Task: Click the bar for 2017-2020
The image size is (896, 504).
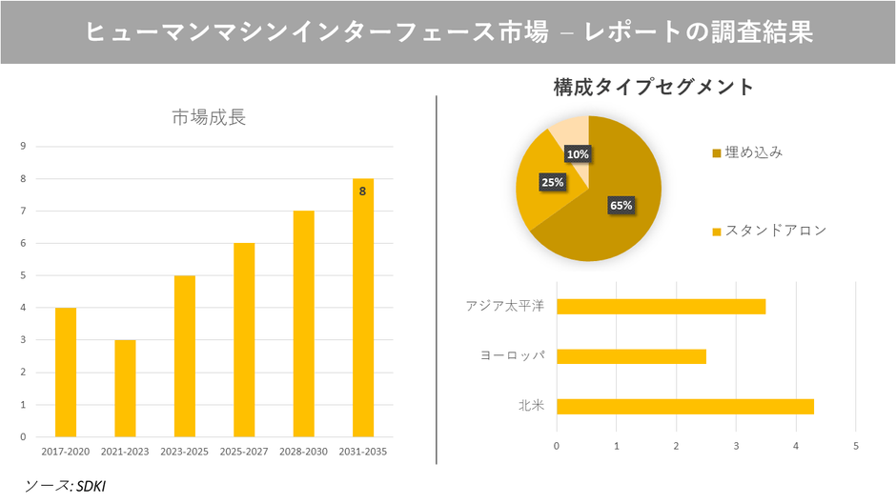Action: point(66,372)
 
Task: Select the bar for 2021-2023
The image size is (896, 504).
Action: point(125,388)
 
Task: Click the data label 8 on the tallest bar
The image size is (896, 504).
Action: point(363,191)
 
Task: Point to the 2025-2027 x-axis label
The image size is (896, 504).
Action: point(244,451)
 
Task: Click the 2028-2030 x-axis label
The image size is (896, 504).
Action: point(303,451)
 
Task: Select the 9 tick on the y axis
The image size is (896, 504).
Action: point(23,146)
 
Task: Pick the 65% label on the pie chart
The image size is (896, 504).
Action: point(621,205)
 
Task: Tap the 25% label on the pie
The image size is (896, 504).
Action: point(552,181)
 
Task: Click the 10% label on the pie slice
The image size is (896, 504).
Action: point(577,153)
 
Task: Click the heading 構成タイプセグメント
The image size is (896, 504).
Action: point(654,88)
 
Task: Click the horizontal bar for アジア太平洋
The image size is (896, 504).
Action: point(661,307)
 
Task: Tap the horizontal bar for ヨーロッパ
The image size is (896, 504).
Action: point(631,356)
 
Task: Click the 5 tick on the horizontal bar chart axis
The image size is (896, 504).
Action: point(856,445)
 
